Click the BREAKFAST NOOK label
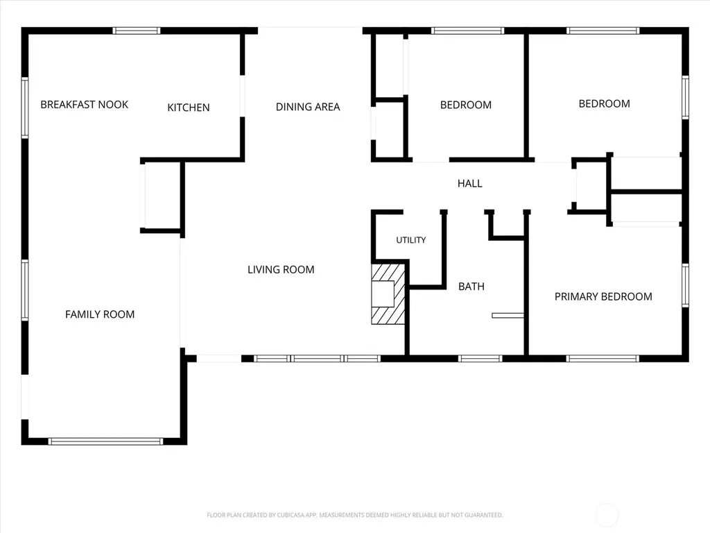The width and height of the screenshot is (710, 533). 84,105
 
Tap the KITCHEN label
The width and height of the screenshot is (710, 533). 189,108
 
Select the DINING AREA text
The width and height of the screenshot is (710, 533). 308,107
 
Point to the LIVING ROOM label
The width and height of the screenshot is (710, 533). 281,270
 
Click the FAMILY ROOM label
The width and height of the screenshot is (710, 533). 100,314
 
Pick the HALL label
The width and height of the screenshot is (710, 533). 469,183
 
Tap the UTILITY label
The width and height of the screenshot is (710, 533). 410,240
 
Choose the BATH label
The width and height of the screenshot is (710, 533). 471,287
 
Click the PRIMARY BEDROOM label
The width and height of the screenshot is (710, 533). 603,297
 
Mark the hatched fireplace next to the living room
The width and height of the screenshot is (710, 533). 388,294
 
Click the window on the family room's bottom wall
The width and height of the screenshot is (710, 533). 105,441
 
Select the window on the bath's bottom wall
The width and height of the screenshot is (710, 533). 480,359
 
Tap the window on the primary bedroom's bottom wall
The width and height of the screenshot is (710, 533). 603,359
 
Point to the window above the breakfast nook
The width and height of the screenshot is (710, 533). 137,31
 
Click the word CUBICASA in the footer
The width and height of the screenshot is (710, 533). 297,515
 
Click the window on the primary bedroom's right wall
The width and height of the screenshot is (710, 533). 686,286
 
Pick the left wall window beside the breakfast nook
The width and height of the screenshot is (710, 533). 25,108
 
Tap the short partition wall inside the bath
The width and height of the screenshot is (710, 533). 508,316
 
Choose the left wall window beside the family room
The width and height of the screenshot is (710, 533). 25,290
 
